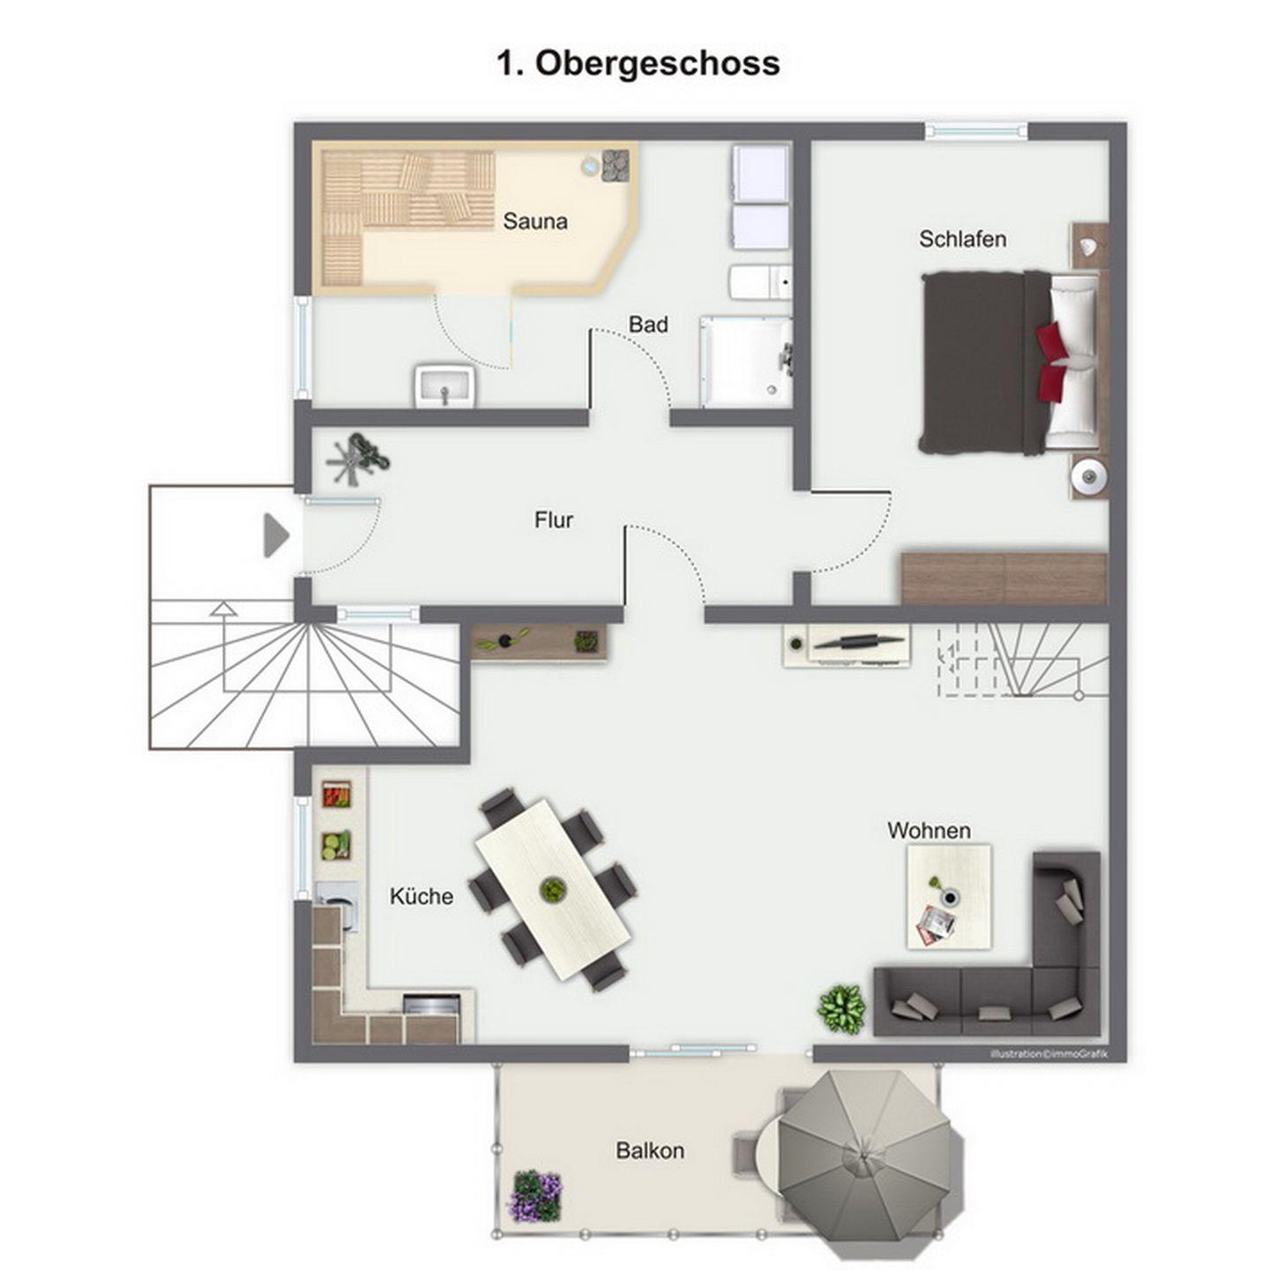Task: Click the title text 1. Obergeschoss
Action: click(638, 63)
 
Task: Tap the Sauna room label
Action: click(535, 220)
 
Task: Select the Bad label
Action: click(648, 325)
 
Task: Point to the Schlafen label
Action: click(962, 239)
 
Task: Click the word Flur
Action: click(554, 520)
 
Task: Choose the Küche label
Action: click(422, 896)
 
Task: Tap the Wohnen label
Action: click(929, 831)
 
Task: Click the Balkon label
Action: click(650, 1151)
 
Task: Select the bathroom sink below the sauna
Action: click(444, 386)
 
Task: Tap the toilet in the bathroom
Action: click(760, 282)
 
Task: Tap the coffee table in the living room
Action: click(949, 897)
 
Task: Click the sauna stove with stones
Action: click(616, 165)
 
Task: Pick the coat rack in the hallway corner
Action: click(358, 458)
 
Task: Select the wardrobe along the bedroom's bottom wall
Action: click(1004, 578)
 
